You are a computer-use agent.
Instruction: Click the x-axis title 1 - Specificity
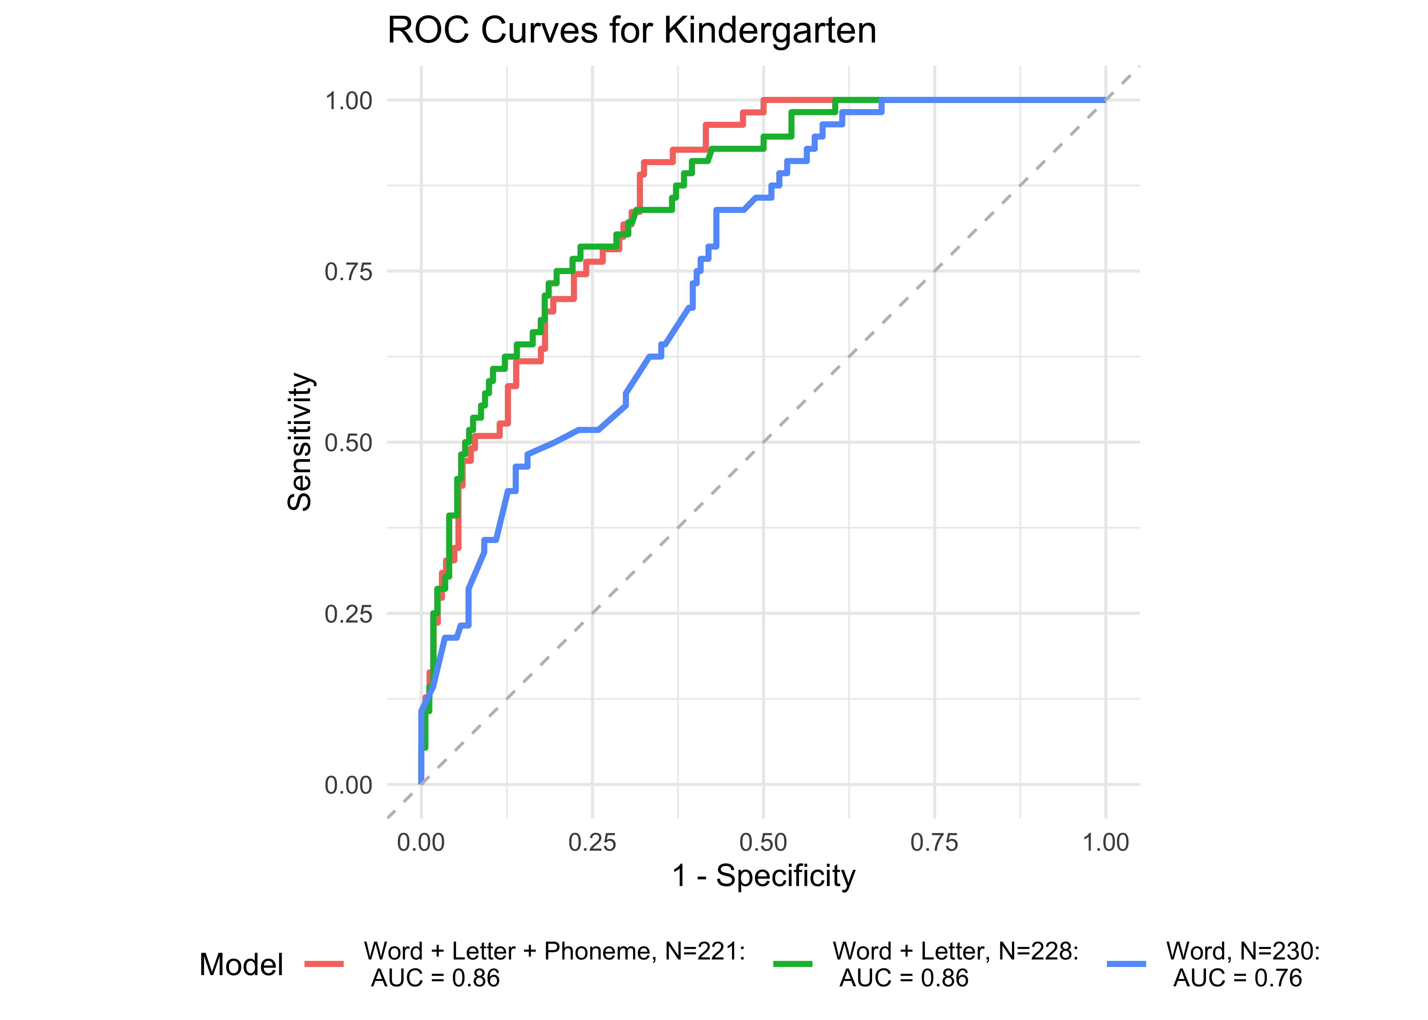point(764,876)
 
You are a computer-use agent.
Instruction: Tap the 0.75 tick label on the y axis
point(348,272)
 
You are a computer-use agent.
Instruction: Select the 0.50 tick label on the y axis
point(348,443)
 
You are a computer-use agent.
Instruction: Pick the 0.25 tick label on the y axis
point(348,614)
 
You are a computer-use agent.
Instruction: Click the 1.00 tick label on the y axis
point(348,101)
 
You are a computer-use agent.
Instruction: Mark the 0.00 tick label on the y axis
point(348,785)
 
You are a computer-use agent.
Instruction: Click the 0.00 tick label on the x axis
point(421,842)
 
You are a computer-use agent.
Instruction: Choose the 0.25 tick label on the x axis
point(592,842)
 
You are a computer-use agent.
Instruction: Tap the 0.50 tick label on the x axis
point(764,842)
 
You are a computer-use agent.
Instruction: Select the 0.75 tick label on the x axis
point(934,842)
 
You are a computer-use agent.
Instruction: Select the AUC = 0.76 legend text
point(1237,978)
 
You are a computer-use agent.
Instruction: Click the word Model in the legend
point(241,965)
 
